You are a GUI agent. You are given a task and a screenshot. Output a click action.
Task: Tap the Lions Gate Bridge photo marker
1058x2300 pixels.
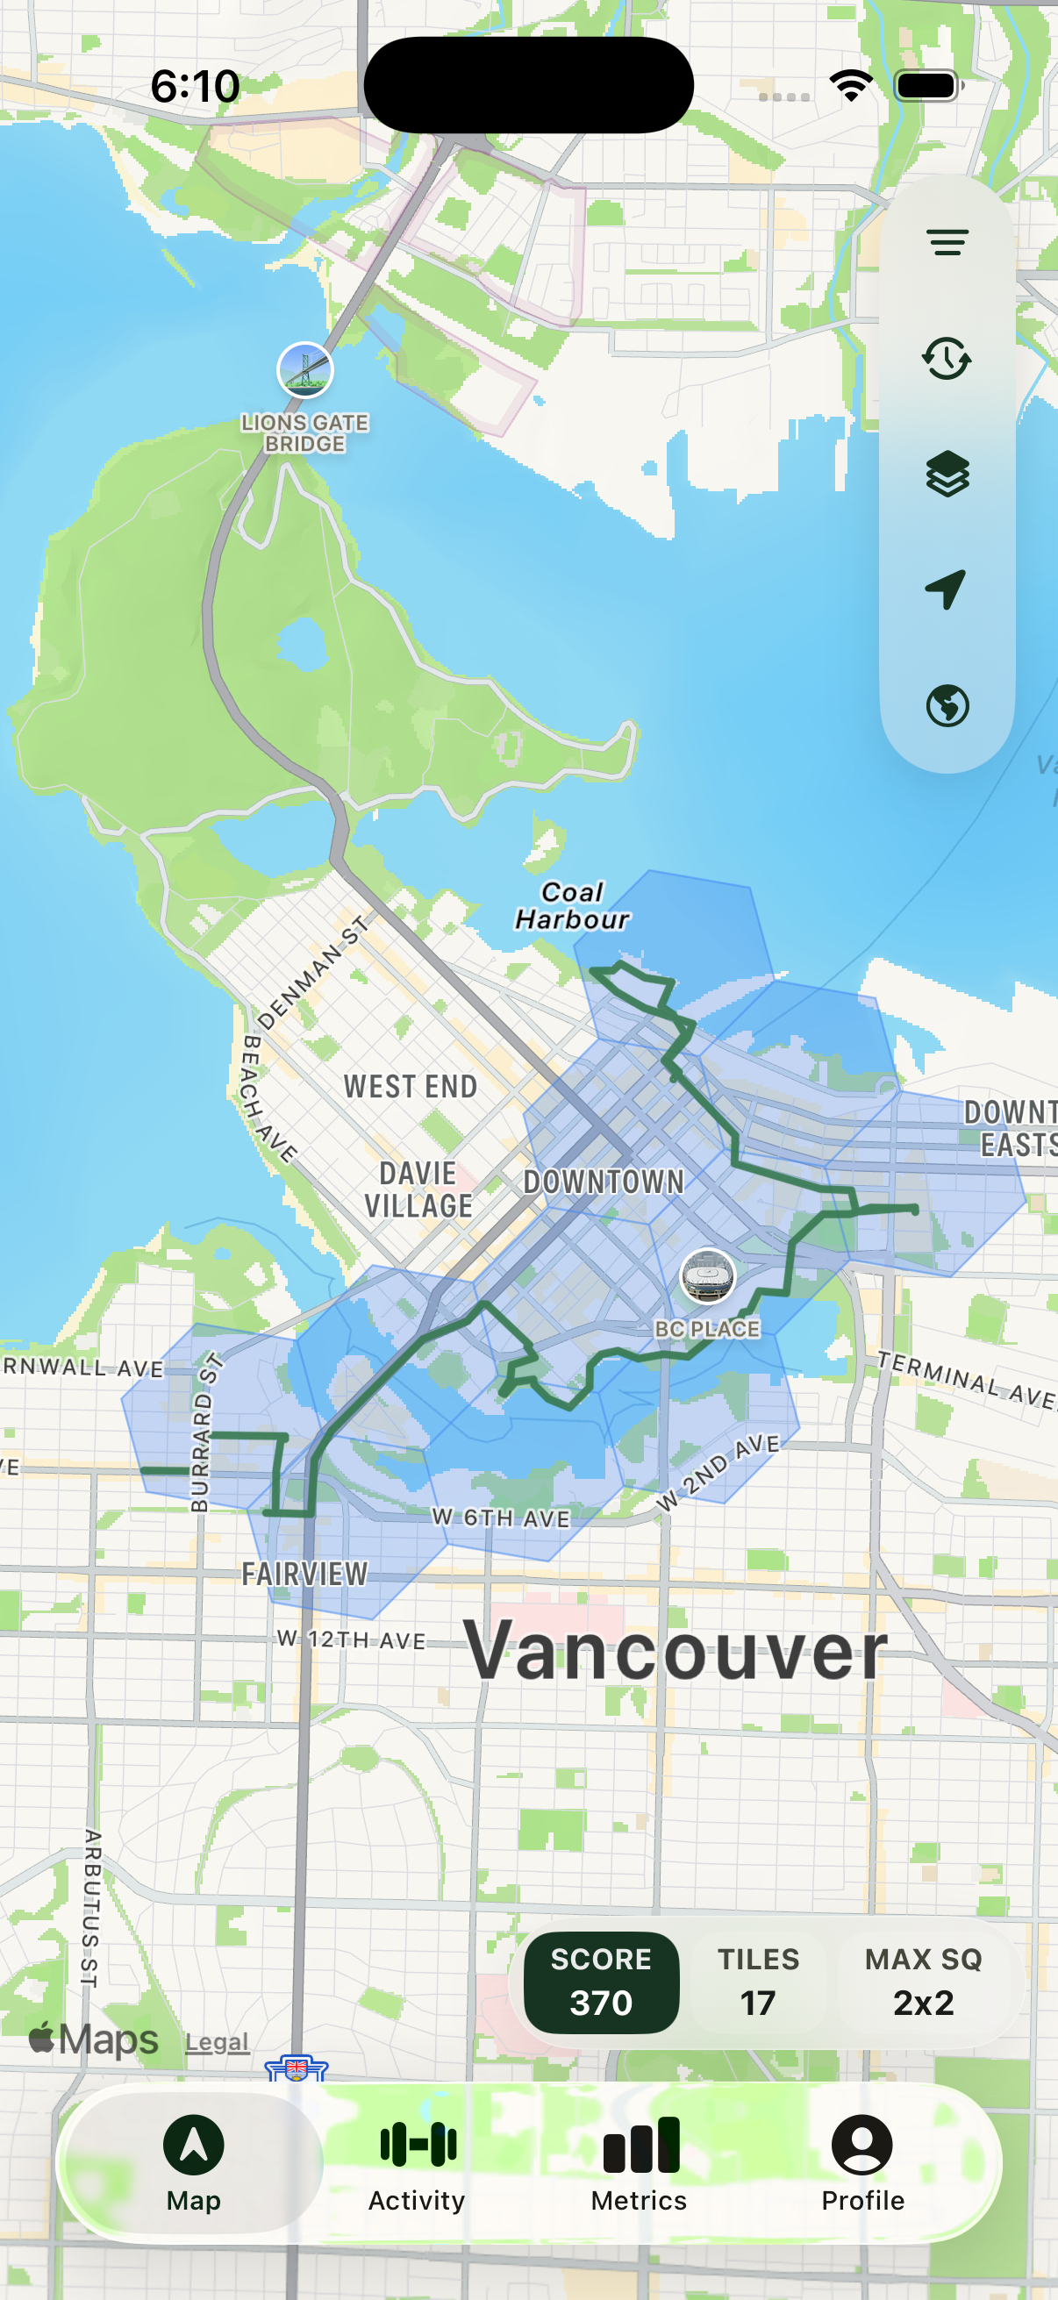[304, 368]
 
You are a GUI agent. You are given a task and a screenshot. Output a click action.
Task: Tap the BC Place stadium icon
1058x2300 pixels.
[707, 1275]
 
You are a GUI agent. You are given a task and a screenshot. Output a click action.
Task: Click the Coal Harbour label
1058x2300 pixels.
[572, 905]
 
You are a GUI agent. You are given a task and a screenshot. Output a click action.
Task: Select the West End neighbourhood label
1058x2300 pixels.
[411, 1087]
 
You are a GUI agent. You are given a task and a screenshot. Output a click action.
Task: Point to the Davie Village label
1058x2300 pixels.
[418, 1189]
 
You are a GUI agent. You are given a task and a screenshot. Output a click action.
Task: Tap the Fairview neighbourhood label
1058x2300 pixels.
[304, 1573]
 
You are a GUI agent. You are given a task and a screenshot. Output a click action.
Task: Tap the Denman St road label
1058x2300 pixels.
[313, 972]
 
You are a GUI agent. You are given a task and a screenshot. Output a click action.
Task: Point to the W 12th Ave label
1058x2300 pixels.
[351, 1639]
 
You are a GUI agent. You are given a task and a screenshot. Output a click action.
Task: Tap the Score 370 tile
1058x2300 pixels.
[601, 1982]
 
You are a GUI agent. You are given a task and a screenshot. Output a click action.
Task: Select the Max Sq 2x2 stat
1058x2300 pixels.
[923, 1982]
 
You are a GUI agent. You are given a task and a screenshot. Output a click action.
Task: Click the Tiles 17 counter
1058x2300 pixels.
[758, 1982]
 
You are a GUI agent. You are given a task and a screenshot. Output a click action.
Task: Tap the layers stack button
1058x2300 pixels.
[947, 473]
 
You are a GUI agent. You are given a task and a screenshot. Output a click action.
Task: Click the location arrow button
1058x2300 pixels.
[947, 589]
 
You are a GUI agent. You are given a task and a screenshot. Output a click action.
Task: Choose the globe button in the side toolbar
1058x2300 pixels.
[947, 705]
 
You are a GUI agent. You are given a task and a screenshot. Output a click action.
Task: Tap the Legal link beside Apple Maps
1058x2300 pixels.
[217, 2041]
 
